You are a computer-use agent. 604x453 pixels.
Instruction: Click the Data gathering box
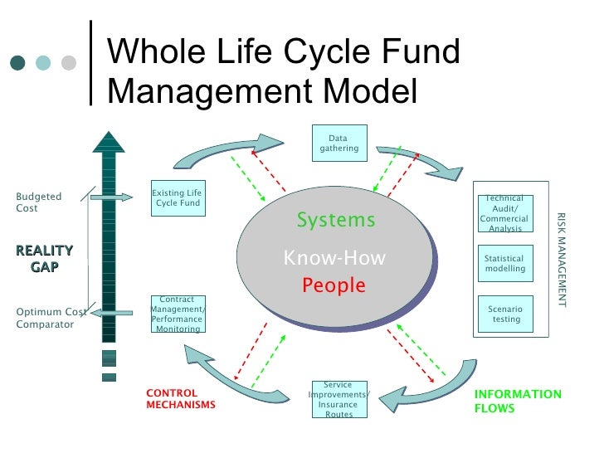[x=339, y=144]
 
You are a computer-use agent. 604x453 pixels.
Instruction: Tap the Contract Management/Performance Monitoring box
[x=178, y=314]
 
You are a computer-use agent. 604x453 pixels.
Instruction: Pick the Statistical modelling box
[x=505, y=264]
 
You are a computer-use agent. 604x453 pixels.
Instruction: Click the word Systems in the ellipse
[x=336, y=221]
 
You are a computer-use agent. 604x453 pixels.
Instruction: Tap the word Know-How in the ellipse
[x=334, y=258]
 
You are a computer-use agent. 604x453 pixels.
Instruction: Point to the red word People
[x=334, y=286]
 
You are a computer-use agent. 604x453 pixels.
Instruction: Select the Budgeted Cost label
[x=39, y=202]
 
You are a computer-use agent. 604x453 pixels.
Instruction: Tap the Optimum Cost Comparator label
[x=51, y=318]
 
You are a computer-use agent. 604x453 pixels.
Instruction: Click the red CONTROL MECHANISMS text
[x=181, y=399]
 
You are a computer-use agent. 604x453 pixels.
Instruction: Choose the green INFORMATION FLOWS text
[x=518, y=402]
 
